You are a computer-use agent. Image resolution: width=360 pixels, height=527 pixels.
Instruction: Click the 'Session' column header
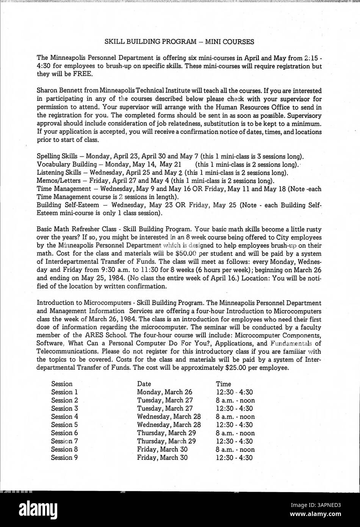point(62,384)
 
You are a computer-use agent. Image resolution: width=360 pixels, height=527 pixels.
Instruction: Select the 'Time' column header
point(223,384)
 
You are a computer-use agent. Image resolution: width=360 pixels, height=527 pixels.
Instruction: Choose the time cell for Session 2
point(235,400)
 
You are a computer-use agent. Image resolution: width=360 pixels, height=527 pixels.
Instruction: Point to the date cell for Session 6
point(166,433)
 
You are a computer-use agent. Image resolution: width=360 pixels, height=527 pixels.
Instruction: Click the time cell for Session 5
point(234,425)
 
